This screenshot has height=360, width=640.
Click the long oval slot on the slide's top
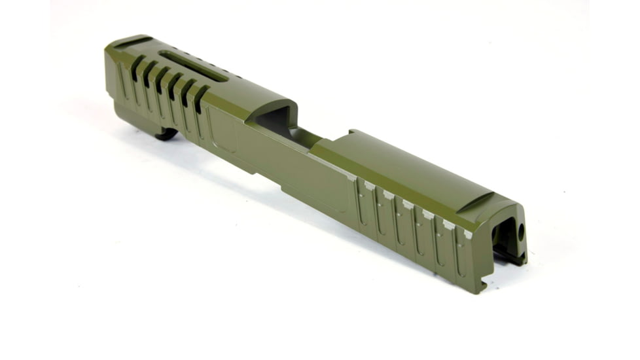[194, 67]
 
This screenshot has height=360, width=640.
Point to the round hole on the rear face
[522, 231]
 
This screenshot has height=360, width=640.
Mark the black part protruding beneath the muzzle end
[166, 134]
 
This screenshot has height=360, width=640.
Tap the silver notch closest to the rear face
[468, 234]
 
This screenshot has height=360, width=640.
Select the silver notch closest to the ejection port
[351, 177]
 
